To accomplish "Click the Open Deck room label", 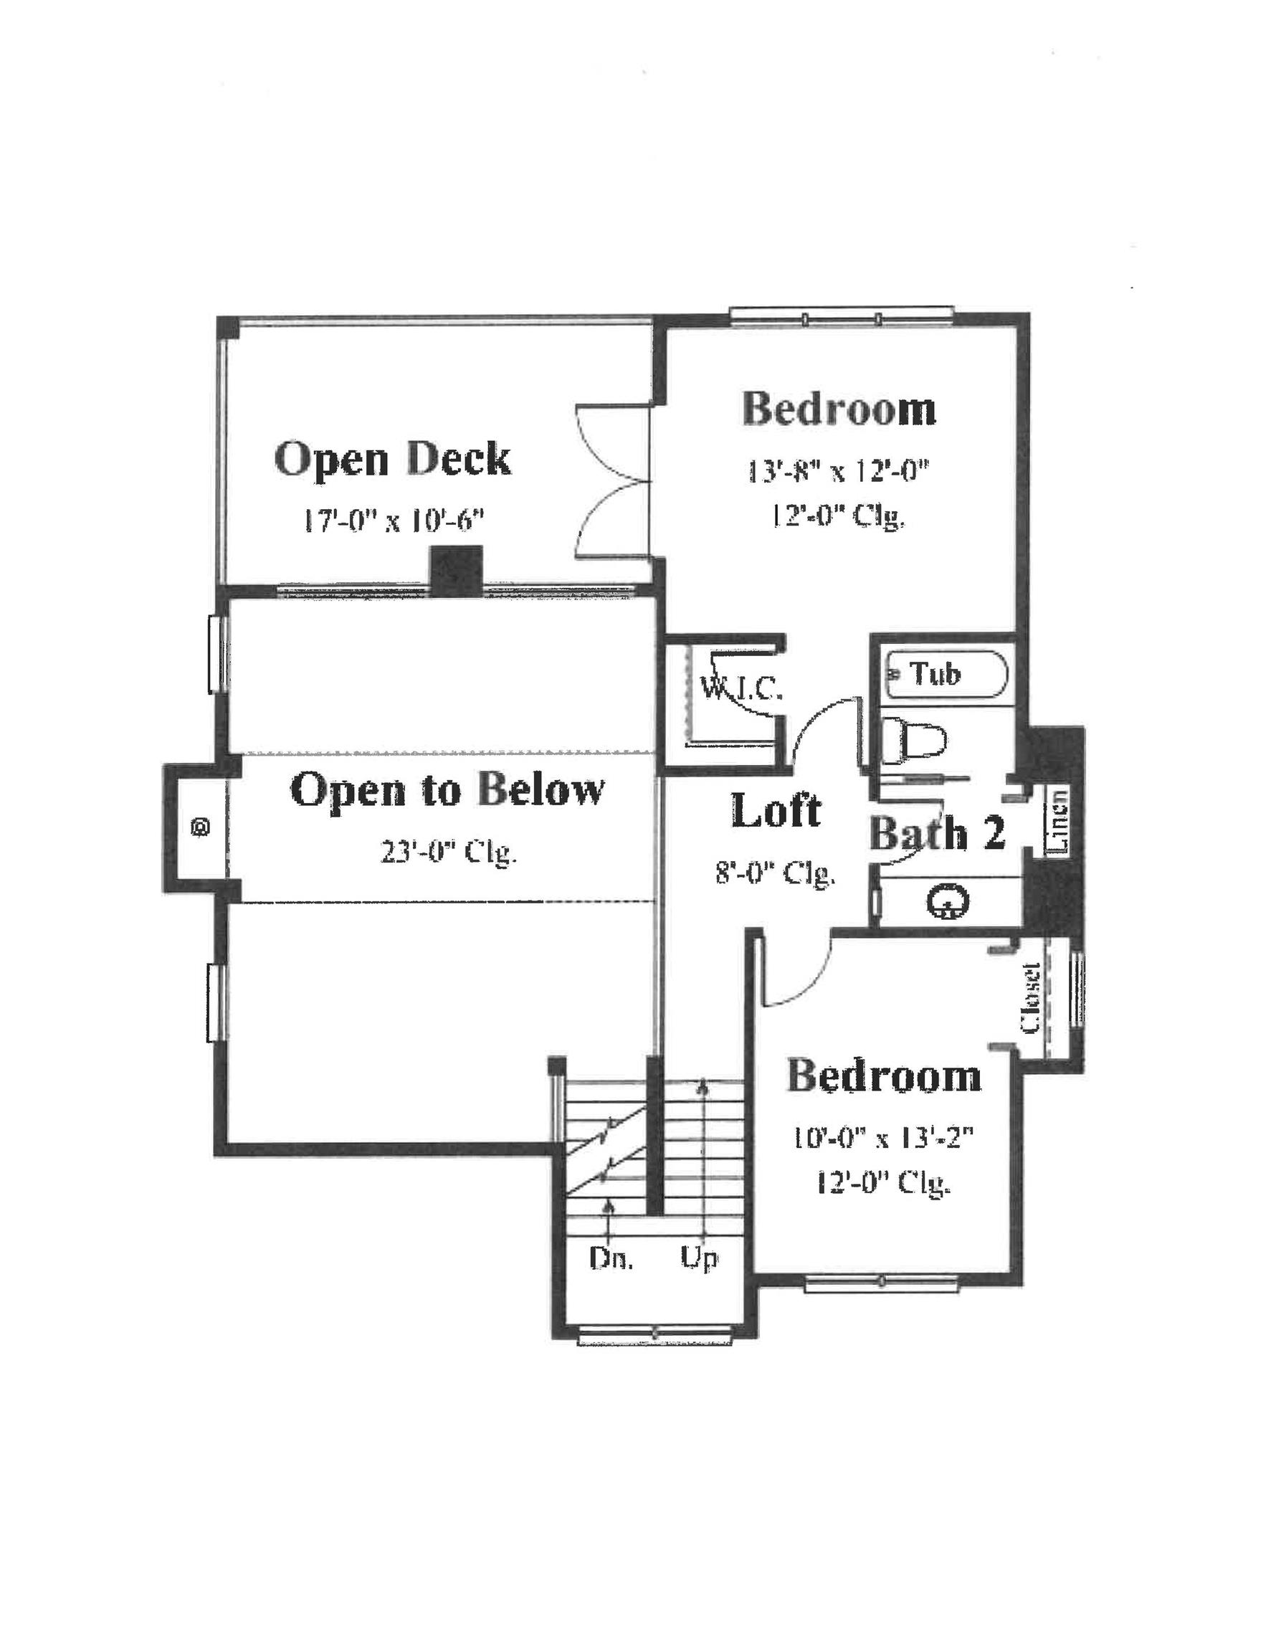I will [x=393, y=459].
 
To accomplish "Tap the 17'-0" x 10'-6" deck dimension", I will [x=394, y=521].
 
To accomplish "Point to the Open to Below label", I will [x=447, y=789].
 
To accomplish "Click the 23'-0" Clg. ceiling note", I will [x=449, y=853].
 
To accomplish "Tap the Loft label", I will [x=776, y=810].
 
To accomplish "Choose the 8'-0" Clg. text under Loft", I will [x=776, y=873].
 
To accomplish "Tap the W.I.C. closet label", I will [x=741, y=688].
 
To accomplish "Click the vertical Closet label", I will [x=1031, y=997].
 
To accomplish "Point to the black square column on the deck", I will [x=456, y=569].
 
